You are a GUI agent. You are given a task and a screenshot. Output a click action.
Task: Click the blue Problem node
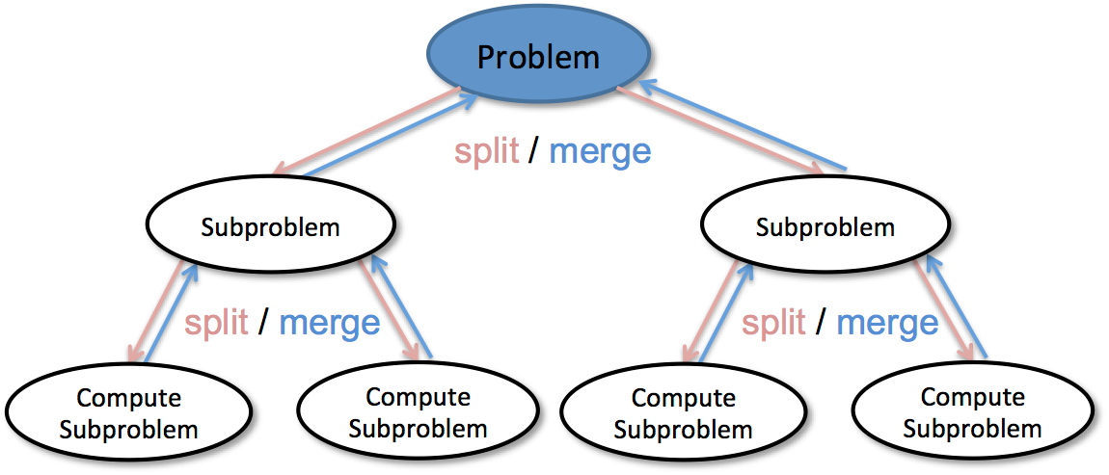click(x=538, y=57)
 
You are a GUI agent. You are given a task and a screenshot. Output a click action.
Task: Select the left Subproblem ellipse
click(x=271, y=227)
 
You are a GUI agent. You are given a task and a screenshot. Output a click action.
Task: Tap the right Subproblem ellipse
click(x=825, y=227)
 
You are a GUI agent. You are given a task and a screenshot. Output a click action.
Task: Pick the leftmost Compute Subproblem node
click(x=128, y=413)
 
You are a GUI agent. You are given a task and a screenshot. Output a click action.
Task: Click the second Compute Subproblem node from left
click(x=418, y=411)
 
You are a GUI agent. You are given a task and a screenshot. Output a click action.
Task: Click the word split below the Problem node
click(x=487, y=151)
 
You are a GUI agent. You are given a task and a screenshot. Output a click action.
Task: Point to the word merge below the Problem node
click(x=600, y=151)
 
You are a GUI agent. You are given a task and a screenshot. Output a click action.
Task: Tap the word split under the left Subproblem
click(x=217, y=323)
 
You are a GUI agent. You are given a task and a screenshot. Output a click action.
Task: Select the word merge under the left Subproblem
click(x=330, y=323)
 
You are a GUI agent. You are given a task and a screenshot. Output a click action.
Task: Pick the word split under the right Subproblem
click(x=773, y=323)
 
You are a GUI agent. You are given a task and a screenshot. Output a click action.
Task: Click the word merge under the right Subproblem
click(x=887, y=323)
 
